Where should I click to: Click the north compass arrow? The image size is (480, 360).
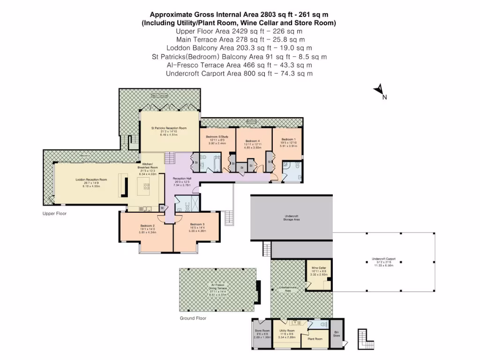379,90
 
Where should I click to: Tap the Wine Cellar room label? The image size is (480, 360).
318,268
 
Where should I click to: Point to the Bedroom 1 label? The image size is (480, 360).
288,139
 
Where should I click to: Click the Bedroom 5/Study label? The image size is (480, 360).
216,137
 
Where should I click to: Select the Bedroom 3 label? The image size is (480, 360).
197,224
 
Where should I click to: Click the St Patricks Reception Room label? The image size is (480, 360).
169,128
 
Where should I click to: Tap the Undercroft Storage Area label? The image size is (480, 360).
292,217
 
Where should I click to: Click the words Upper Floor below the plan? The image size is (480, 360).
54,213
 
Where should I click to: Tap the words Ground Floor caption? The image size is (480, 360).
193,318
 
